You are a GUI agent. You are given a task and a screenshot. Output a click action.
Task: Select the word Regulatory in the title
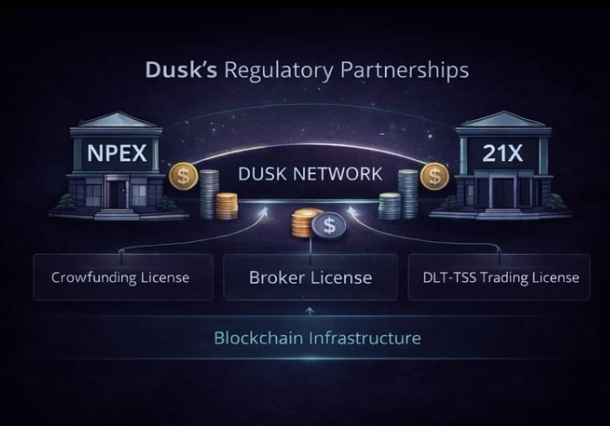tap(268, 69)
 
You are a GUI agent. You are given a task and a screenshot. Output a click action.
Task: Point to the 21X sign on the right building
tap(503, 152)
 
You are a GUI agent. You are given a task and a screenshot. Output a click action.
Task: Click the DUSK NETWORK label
tap(310, 174)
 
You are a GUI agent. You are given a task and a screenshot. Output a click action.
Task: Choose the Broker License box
tap(310, 277)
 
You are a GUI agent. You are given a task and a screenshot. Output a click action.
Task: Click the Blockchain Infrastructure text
tap(317, 338)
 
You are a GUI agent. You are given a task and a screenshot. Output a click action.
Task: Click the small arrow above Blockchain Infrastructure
tap(310, 312)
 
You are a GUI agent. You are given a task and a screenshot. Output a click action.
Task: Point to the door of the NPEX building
tap(117, 192)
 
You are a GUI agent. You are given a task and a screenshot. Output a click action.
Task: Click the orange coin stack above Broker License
tap(305, 224)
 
